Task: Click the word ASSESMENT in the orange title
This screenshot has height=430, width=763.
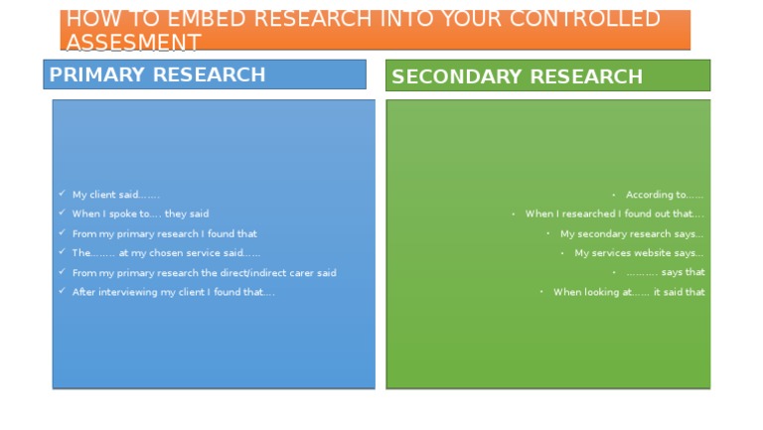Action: click(x=133, y=42)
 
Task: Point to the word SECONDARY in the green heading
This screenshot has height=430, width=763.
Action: click(x=456, y=76)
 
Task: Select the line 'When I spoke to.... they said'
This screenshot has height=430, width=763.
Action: click(x=141, y=214)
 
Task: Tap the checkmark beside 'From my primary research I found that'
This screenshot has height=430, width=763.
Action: click(x=62, y=232)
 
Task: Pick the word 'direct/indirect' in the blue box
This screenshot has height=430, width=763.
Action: click(x=253, y=273)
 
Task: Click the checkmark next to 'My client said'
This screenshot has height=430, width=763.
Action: click(x=62, y=193)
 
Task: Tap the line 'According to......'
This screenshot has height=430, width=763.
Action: click(x=665, y=195)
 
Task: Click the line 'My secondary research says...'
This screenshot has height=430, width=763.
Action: click(x=632, y=234)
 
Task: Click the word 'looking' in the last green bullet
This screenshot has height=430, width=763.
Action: click(x=601, y=292)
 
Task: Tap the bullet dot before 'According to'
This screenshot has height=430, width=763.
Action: click(x=614, y=195)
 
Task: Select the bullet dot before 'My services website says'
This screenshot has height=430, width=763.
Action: click(x=562, y=253)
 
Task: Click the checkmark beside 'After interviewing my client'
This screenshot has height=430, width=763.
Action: click(x=62, y=291)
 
